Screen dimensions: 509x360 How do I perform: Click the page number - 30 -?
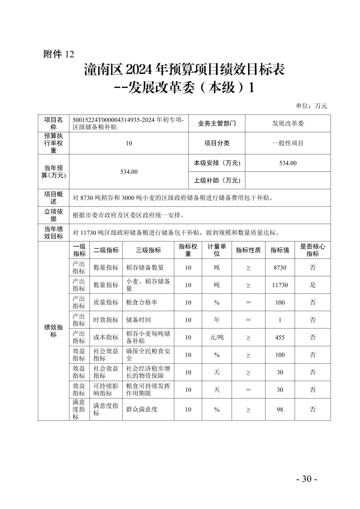(x=306, y=479)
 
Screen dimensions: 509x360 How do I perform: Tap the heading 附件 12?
(x=59, y=54)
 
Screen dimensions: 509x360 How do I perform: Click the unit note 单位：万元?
(x=311, y=106)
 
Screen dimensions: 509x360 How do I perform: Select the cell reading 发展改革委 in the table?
(x=288, y=123)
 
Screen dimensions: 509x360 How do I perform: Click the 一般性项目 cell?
(x=288, y=143)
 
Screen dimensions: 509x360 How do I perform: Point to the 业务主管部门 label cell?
(x=217, y=123)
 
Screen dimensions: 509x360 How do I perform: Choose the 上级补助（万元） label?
(x=217, y=180)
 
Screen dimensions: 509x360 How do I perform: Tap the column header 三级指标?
(x=148, y=250)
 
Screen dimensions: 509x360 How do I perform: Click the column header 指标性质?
(x=248, y=250)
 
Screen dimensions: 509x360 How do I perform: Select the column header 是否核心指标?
(x=312, y=250)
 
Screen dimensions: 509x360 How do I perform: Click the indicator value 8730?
(x=280, y=268)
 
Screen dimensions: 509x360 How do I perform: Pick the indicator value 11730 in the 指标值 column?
(x=280, y=285)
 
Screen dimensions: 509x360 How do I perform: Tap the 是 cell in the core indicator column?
(x=312, y=285)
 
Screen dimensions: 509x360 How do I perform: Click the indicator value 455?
(x=280, y=337)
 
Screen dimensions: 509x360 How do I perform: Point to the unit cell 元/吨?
(x=217, y=337)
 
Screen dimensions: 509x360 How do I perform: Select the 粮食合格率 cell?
(x=142, y=302)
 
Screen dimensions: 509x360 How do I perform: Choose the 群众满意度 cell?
(x=142, y=409)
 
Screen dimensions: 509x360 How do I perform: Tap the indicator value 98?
(x=280, y=409)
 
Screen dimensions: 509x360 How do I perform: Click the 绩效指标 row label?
(x=54, y=331)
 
